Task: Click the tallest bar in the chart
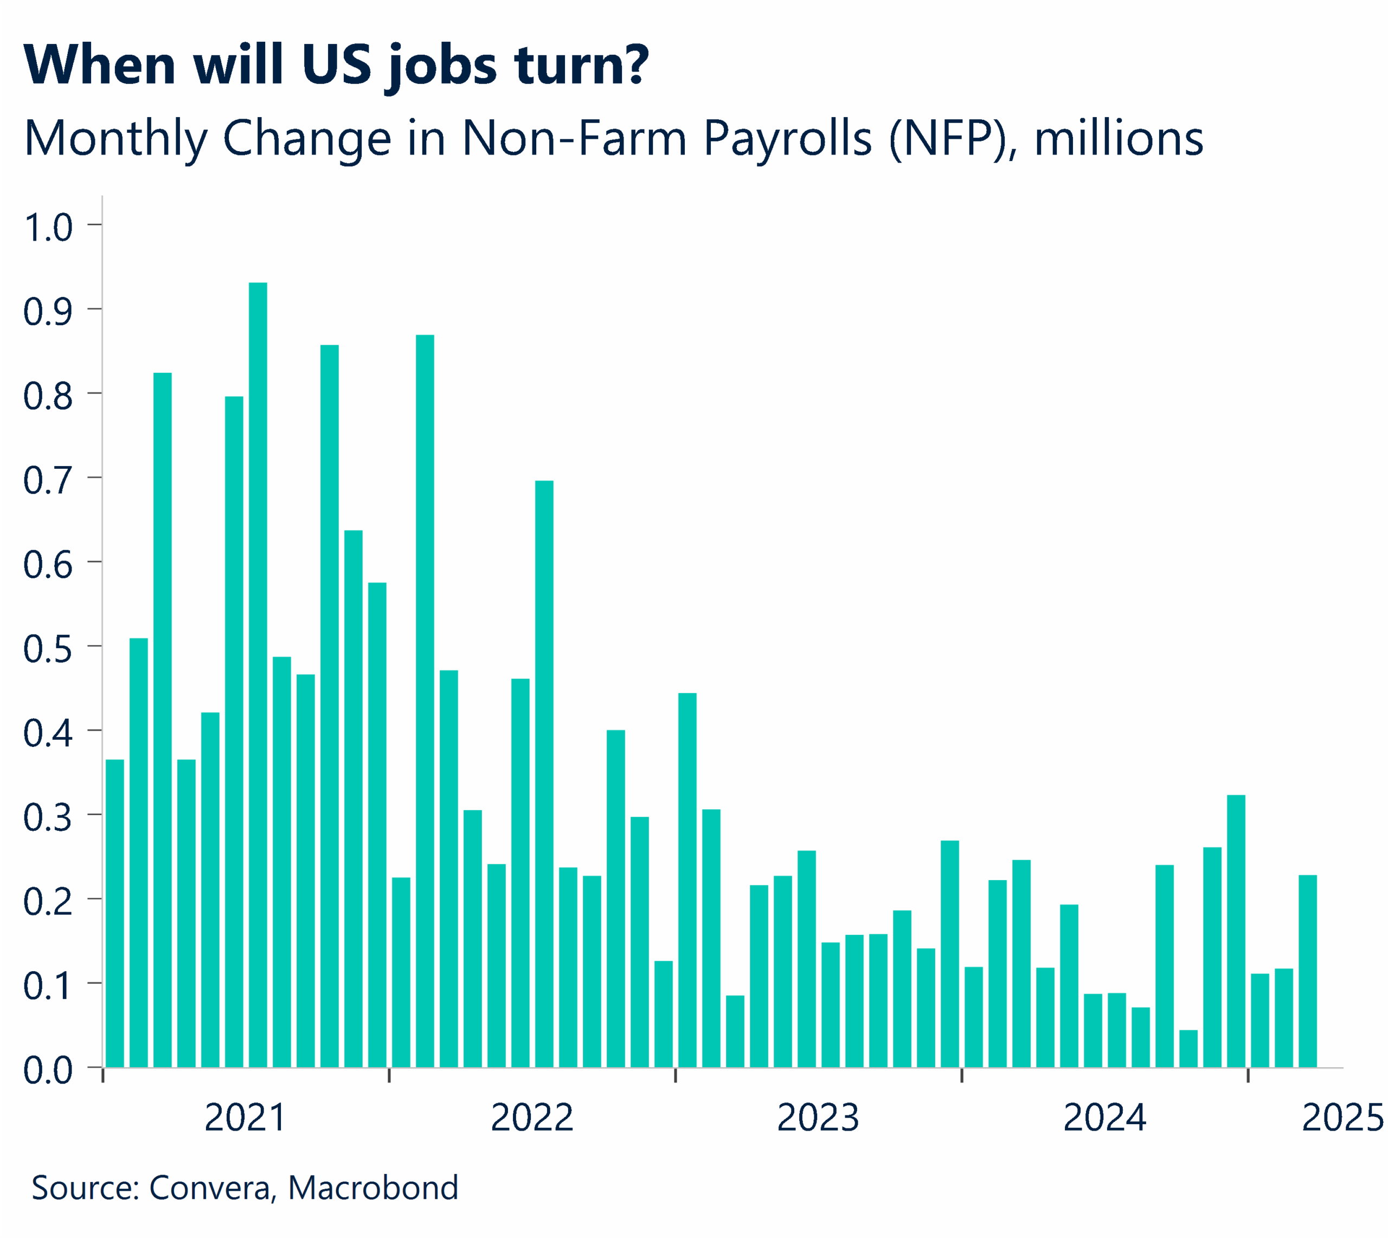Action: pos(258,674)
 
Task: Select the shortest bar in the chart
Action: pos(1188,1048)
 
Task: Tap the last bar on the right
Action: pos(1307,970)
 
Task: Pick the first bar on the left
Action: pos(115,912)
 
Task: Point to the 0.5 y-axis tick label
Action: pos(48,649)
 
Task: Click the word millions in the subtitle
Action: pos(1119,139)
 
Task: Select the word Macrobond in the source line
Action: pos(372,1188)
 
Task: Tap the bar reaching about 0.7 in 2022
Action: pos(544,773)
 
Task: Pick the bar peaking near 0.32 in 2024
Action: pos(1236,931)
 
